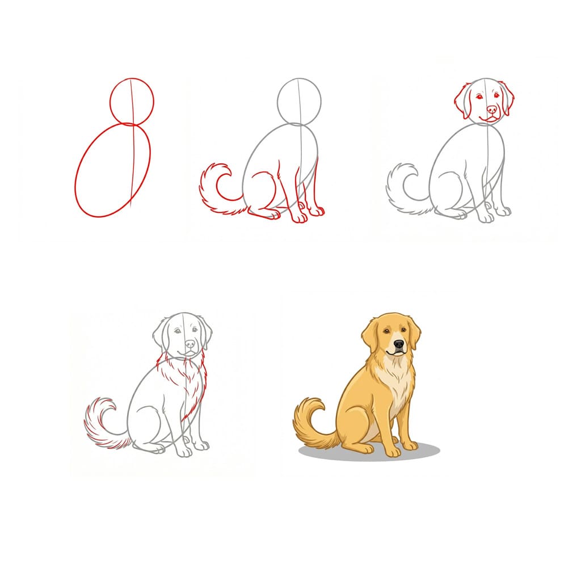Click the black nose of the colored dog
pos(399,344)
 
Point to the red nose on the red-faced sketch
pos(491,109)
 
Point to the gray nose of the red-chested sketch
pos(190,344)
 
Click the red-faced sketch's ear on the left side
pos(461,101)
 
